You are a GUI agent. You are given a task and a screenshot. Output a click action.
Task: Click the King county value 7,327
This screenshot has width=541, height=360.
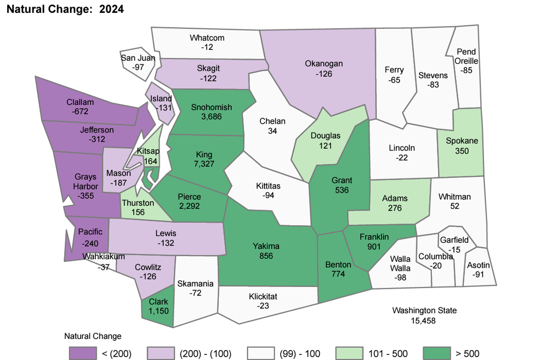(205, 164)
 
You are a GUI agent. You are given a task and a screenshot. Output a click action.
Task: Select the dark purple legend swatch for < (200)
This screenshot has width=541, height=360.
(83, 353)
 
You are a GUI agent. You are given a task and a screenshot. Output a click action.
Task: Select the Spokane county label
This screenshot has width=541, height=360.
(462, 141)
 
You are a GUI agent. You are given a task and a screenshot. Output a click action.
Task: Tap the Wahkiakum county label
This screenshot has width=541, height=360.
(104, 257)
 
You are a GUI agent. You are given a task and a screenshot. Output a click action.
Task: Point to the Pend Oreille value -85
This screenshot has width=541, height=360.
(466, 71)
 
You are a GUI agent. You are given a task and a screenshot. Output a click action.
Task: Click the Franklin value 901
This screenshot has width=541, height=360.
(374, 246)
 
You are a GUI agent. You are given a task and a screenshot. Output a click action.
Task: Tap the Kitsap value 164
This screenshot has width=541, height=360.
(150, 161)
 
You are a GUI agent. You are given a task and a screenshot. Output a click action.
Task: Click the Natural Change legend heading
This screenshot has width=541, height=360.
(93, 336)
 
